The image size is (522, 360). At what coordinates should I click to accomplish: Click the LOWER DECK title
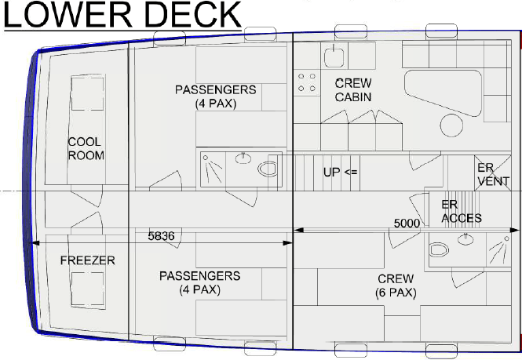tap(122, 15)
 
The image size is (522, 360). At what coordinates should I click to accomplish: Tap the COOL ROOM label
tap(86, 149)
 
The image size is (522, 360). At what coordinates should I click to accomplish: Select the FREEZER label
tap(88, 260)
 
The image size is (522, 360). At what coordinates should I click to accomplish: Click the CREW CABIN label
tap(353, 90)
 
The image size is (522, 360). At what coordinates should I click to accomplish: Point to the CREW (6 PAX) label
tap(396, 285)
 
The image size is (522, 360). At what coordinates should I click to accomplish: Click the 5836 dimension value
tap(161, 236)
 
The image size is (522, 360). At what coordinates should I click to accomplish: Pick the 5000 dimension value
tap(407, 224)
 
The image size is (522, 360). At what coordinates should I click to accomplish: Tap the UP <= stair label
tap(340, 172)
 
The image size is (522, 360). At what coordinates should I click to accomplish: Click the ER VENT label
tap(494, 175)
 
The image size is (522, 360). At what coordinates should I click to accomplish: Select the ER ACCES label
tap(462, 211)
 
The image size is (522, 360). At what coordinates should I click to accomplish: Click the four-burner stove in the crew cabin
tap(307, 82)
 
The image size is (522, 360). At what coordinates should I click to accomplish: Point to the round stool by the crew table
tap(451, 125)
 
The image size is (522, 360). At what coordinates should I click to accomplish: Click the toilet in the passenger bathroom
tap(267, 169)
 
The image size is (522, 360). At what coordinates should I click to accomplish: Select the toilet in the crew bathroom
tap(439, 249)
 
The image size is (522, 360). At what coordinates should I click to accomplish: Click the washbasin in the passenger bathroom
tap(243, 158)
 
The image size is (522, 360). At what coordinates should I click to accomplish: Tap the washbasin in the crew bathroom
tap(466, 239)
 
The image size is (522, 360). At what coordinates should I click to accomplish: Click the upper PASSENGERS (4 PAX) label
tap(216, 96)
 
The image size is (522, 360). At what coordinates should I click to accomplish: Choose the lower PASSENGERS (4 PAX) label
tap(199, 283)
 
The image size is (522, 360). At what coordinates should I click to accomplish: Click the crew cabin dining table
tap(443, 92)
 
